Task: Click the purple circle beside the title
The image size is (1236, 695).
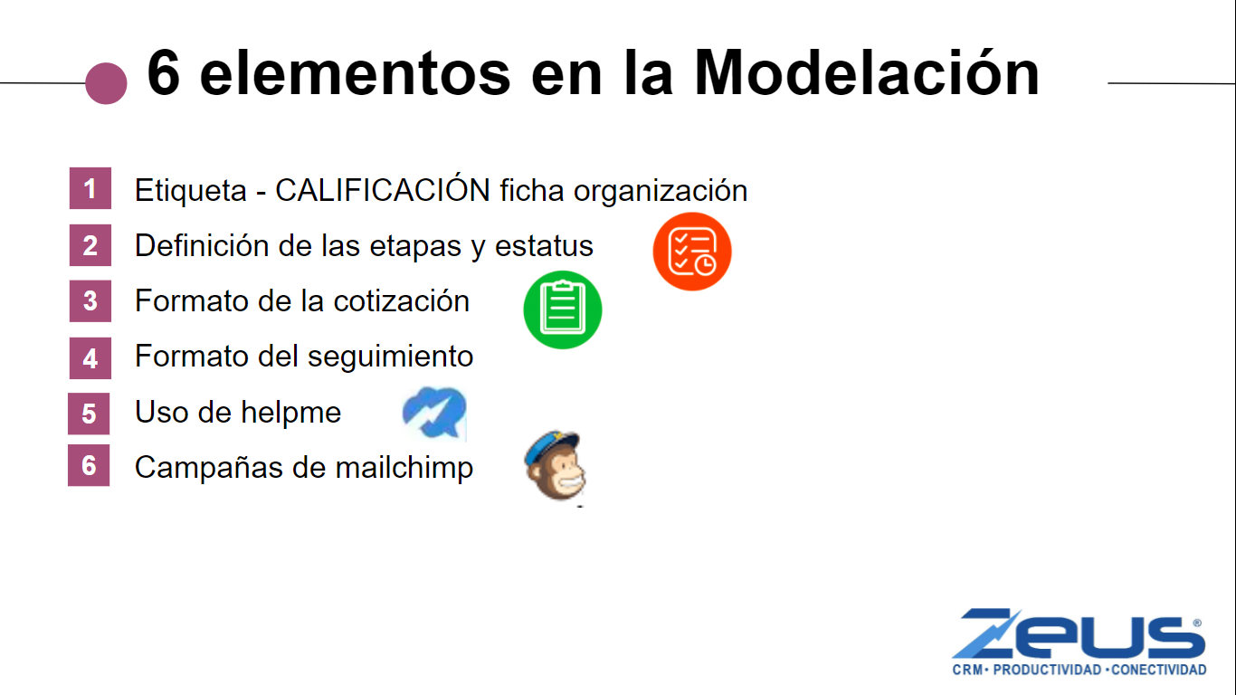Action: click(107, 83)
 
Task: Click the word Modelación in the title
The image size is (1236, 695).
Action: click(866, 73)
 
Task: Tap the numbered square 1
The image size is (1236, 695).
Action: click(90, 188)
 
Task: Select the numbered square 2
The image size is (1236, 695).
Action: click(90, 245)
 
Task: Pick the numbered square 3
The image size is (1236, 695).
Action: click(90, 300)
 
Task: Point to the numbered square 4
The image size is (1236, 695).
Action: click(90, 358)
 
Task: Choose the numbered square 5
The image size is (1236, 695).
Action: click(89, 414)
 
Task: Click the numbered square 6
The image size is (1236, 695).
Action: click(89, 465)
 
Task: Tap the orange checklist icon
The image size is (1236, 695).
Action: click(692, 252)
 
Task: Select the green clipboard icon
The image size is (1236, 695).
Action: click(563, 309)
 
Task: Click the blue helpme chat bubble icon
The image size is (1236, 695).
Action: click(435, 413)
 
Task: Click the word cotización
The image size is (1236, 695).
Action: click(402, 301)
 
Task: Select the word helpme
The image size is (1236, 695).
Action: click(290, 413)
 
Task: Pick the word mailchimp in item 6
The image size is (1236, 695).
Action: click(404, 468)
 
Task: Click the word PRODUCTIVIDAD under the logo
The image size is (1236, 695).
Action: click(1047, 671)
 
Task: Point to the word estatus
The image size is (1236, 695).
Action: click(544, 246)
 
